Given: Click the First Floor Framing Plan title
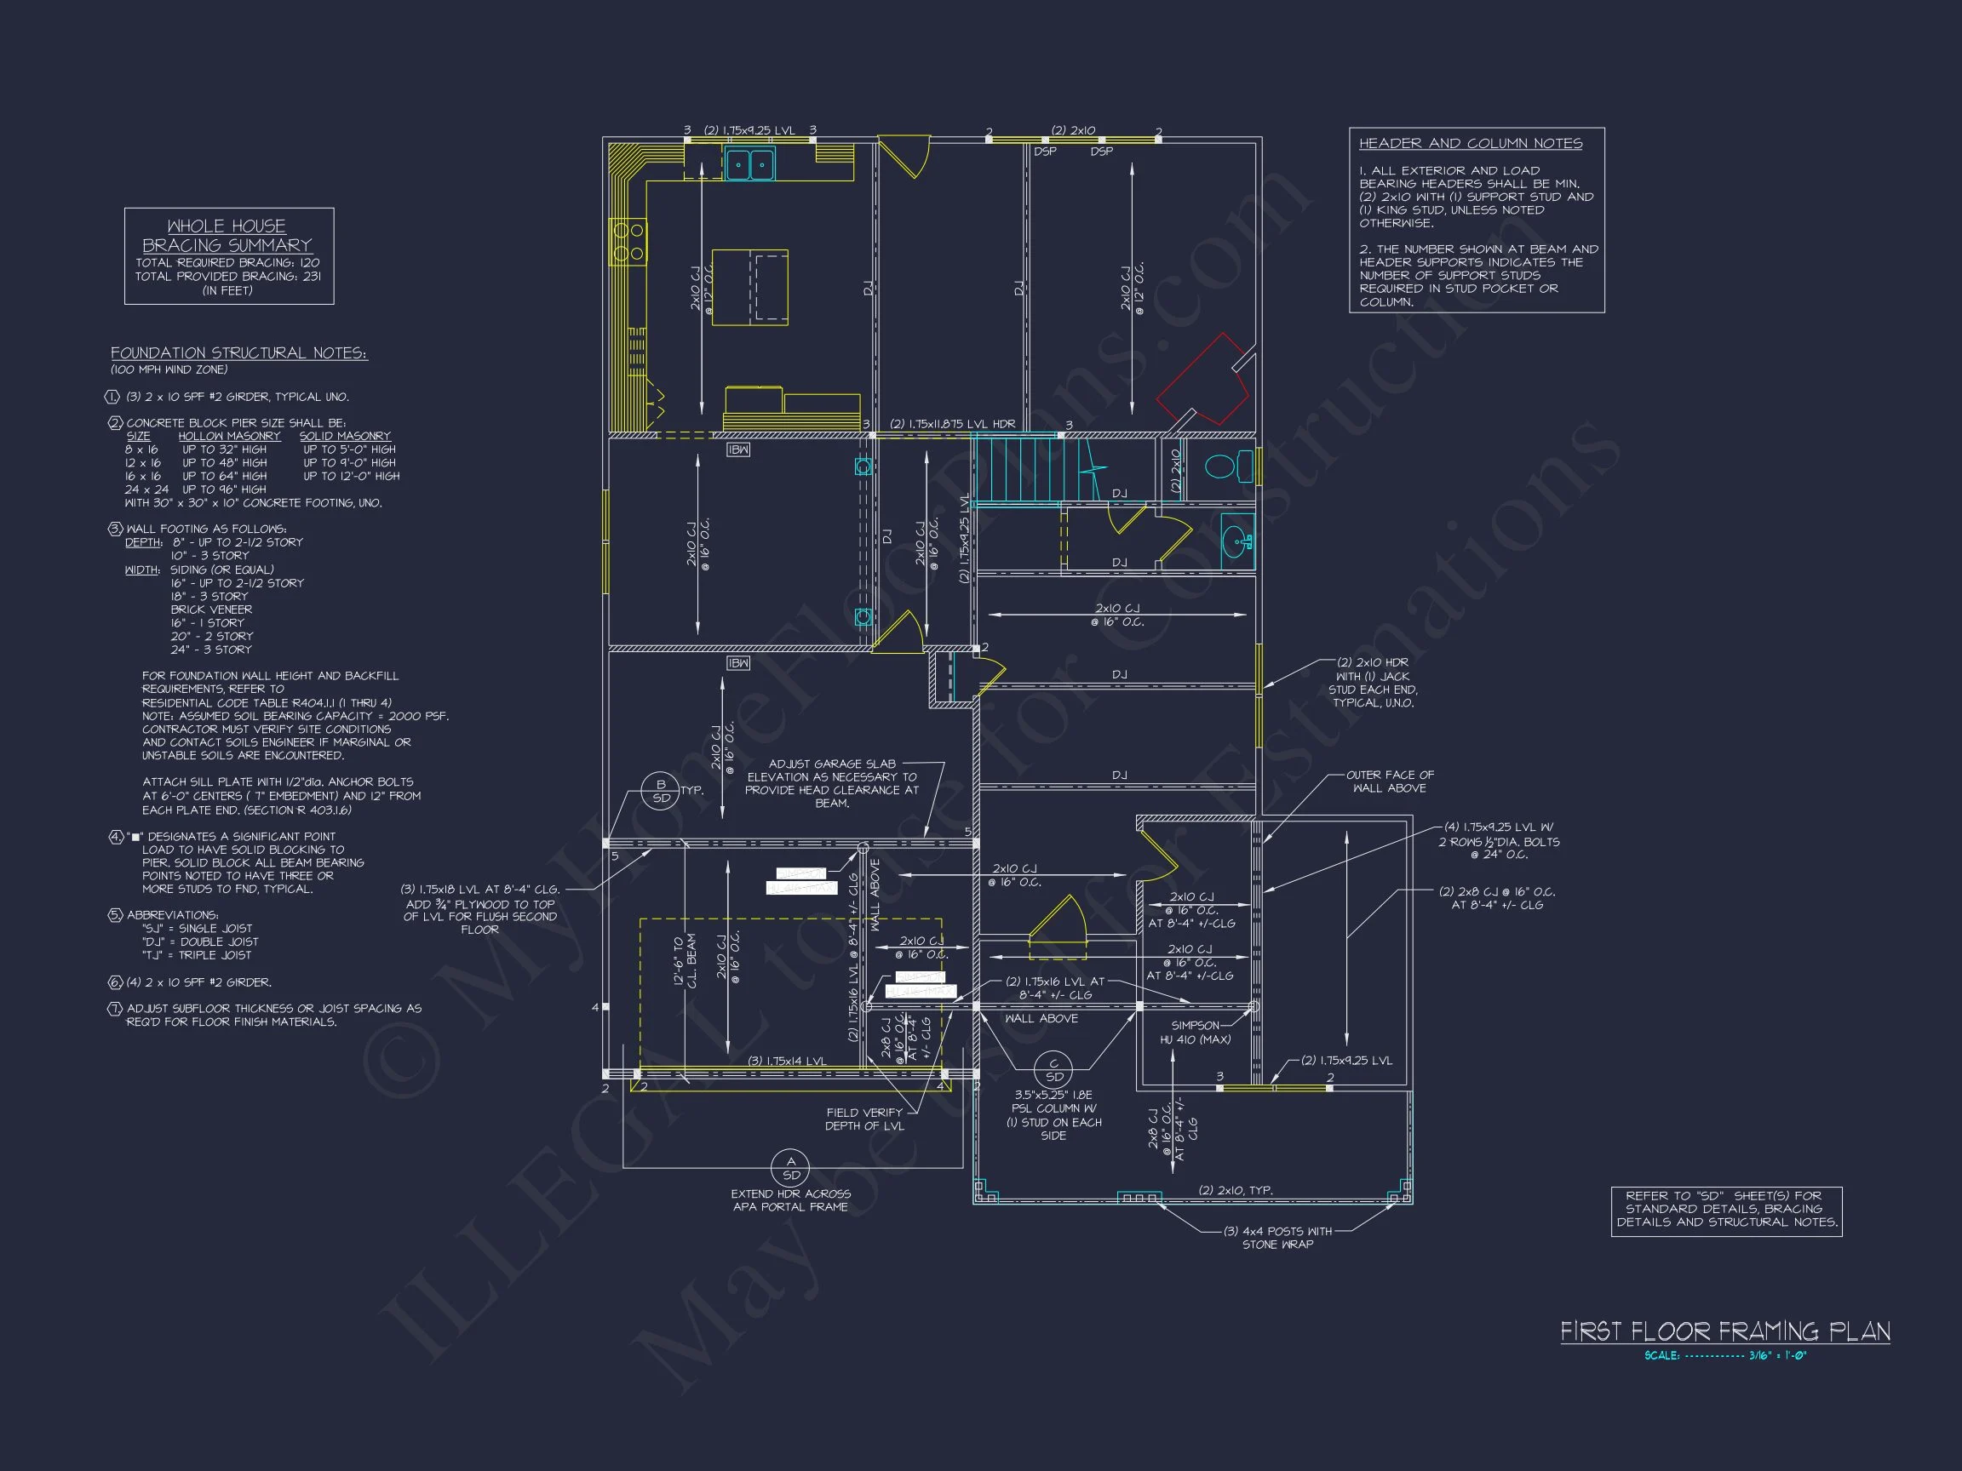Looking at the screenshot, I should click(x=1724, y=1331).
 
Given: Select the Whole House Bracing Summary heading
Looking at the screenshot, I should click(x=227, y=236).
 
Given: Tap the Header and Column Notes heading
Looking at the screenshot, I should click(x=1470, y=144).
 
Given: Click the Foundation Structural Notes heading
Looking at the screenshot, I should click(x=238, y=353).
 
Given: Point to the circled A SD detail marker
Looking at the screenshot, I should click(x=790, y=1168).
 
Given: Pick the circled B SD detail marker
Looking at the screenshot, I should click(x=661, y=792).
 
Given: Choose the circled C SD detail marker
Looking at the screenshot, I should click(x=1053, y=1070).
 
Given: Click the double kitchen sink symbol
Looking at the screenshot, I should click(x=749, y=164).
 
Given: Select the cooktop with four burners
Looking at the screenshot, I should click(x=628, y=242).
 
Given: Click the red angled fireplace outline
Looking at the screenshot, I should click(x=1204, y=379).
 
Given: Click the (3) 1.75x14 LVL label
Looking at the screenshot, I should click(x=787, y=1061).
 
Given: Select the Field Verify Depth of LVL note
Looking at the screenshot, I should click(x=864, y=1119).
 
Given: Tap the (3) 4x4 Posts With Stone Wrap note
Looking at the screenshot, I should click(x=1277, y=1237).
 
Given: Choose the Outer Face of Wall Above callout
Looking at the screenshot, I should click(x=1389, y=781).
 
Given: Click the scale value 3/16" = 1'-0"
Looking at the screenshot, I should click(x=1777, y=1356).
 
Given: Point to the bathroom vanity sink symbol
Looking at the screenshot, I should click(x=1237, y=539).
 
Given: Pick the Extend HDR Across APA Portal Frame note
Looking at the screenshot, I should click(x=790, y=1199).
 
